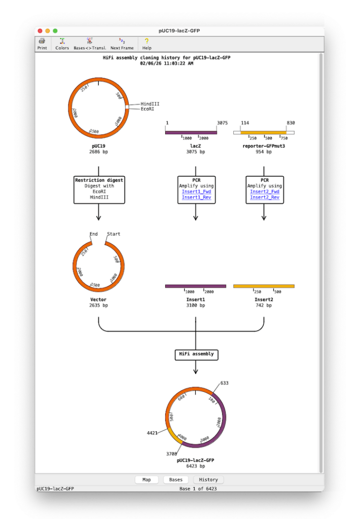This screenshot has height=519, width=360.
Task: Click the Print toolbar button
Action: click(42, 44)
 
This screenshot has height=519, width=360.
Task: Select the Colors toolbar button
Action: click(62, 44)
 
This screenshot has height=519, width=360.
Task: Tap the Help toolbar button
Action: click(147, 44)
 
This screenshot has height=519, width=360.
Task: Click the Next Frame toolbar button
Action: click(122, 44)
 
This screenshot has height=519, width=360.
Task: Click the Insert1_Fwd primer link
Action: click(196, 192)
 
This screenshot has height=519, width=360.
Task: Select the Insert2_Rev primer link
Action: click(265, 197)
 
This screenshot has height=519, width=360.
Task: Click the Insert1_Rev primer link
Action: click(196, 197)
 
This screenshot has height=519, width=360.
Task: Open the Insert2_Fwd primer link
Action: click(265, 192)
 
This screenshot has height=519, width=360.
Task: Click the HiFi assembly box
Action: click(196, 354)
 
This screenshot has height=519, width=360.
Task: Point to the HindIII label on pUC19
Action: click(150, 104)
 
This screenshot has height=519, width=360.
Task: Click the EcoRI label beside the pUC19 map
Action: click(148, 109)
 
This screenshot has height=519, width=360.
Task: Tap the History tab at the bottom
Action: click(208, 479)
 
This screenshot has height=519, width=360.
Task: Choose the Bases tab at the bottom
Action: click(175, 479)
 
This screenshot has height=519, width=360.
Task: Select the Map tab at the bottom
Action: click(147, 479)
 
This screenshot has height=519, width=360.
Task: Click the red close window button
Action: click(40, 31)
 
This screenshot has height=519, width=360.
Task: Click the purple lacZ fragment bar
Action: click(191, 133)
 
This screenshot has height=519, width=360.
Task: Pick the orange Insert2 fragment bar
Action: click(264, 286)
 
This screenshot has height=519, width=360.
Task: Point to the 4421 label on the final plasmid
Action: click(152, 433)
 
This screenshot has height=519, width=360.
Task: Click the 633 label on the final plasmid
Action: click(224, 383)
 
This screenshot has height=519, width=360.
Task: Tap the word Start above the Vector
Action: click(113, 234)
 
